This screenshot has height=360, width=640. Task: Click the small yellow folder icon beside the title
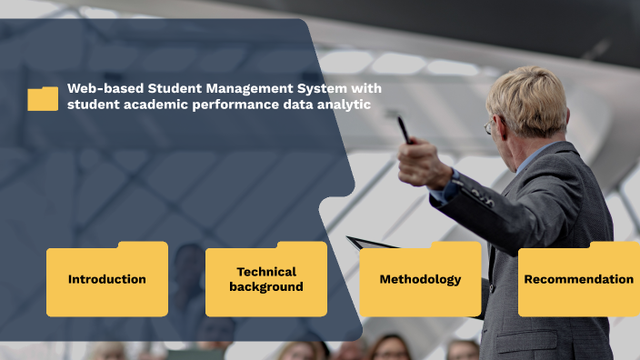(x=43, y=98)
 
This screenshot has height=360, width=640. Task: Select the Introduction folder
(x=107, y=279)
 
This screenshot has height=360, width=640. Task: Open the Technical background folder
(x=266, y=279)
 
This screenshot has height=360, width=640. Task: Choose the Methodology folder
(x=420, y=279)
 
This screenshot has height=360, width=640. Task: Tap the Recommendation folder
(x=578, y=279)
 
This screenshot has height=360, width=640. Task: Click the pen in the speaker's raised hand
(x=403, y=129)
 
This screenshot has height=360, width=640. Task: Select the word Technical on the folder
(x=266, y=272)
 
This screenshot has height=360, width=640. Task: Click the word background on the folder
(x=266, y=286)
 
